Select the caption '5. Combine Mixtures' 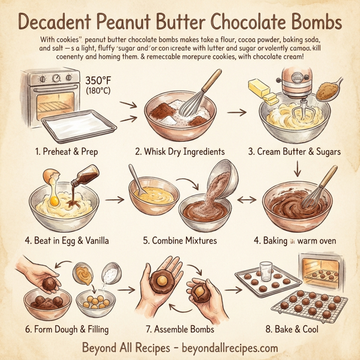tap(178, 241)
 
